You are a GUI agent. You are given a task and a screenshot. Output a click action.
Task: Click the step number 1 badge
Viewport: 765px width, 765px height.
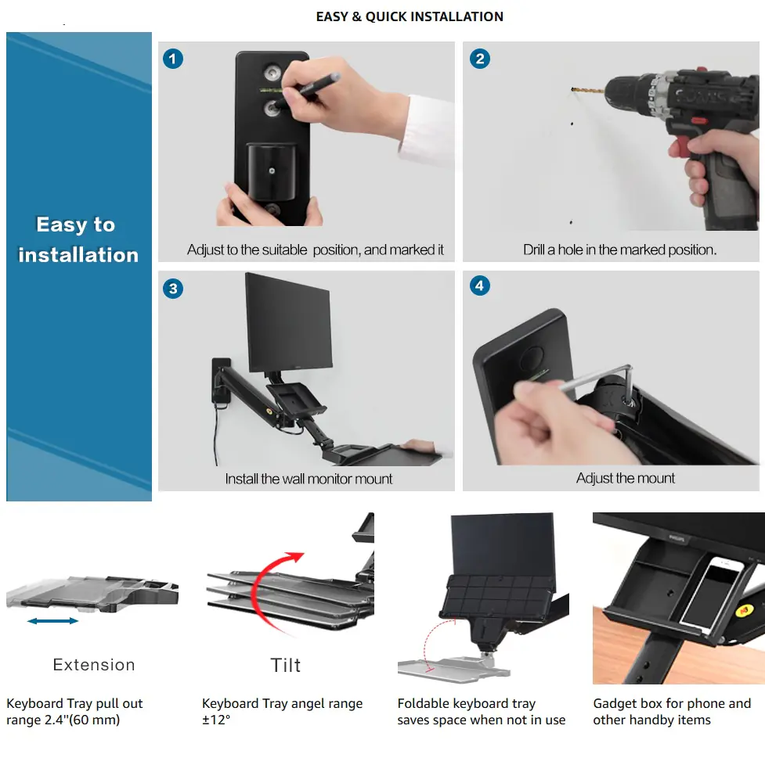pyautogui.click(x=172, y=59)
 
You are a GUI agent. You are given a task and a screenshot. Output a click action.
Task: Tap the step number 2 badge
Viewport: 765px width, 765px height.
pyautogui.click(x=480, y=59)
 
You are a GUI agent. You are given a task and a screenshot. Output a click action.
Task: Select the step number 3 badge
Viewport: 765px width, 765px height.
pyautogui.click(x=173, y=289)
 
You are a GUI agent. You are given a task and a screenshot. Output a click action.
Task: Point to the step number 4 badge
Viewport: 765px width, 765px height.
pyautogui.click(x=480, y=286)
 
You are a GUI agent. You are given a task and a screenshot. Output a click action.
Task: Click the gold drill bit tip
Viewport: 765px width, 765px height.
pyautogui.click(x=572, y=89)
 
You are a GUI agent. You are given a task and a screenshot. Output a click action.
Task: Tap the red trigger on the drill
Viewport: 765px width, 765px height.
pyautogui.click(x=698, y=120)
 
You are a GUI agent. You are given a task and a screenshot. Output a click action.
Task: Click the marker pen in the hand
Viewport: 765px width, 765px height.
pyautogui.click(x=307, y=89)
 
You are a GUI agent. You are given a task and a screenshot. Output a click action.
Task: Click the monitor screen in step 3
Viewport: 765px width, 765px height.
pyautogui.click(x=288, y=322)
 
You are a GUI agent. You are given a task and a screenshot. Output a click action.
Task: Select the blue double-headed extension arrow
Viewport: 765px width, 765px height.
pyautogui.click(x=52, y=621)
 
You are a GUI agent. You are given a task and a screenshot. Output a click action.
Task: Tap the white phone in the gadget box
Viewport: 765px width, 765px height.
pyautogui.click(x=711, y=594)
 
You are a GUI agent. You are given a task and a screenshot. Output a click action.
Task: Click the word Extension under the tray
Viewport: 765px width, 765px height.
pyautogui.click(x=94, y=665)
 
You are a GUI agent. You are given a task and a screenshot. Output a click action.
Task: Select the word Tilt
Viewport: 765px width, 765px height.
pyautogui.click(x=286, y=666)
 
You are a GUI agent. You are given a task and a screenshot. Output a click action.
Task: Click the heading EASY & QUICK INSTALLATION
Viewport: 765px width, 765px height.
pyautogui.click(x=410, y=16)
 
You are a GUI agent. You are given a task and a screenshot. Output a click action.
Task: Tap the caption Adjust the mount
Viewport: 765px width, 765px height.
pyautogui.click(x=626, y=478)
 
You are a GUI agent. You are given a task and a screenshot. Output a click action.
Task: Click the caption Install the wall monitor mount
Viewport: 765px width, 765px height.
pyautogui.click(x=309, y=479)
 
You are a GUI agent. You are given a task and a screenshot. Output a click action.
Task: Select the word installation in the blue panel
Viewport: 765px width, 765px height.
pyautogui.click(x=78, y=255)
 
